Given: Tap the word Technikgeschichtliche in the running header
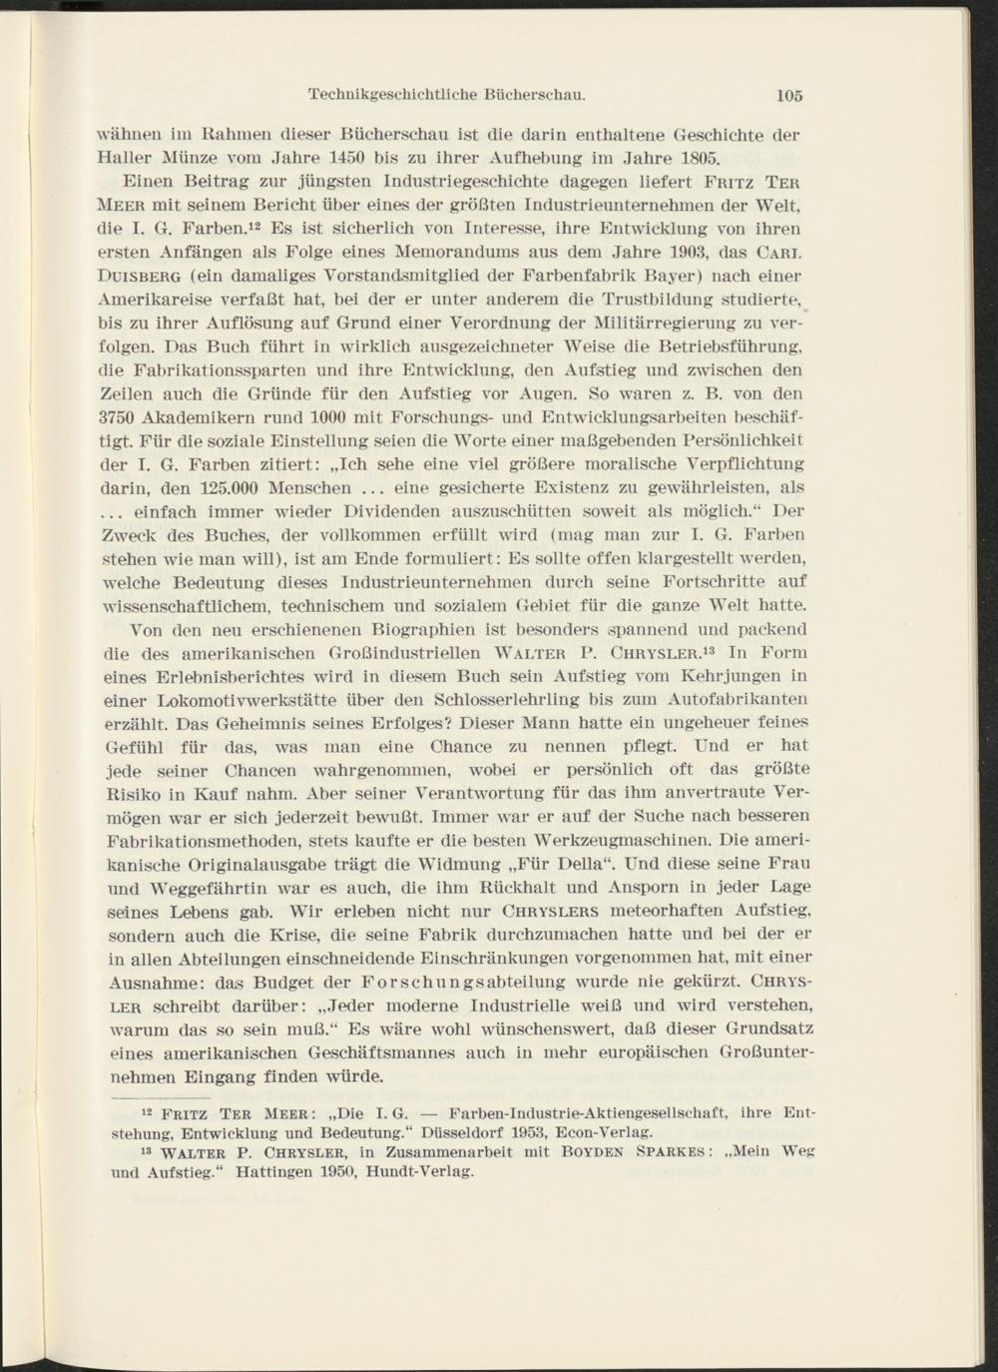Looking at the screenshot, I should click(x=392, y=96).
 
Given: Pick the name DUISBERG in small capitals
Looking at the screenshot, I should click(x=145, y=274).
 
